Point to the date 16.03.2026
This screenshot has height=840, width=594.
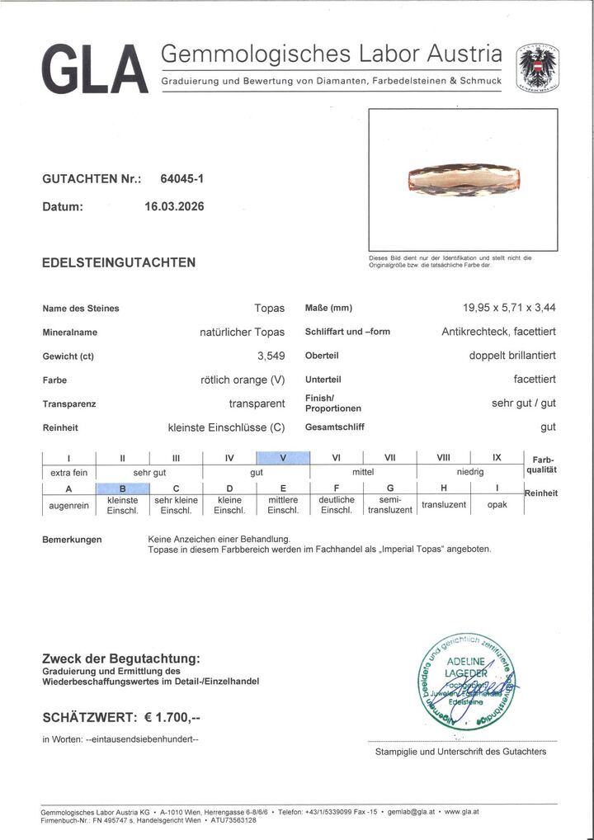(173, 207)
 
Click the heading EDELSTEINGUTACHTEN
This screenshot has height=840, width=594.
(119, 262)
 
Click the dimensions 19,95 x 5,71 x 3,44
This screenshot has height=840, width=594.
(509, 308)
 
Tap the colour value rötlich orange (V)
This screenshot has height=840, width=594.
(243, 380)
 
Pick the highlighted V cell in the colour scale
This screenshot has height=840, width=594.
(283, 459)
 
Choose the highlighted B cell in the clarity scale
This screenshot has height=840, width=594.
(122, 488)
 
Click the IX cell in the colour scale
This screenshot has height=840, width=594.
(497, 459)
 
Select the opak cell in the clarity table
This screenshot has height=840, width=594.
(497, 504)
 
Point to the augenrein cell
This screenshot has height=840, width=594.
(68, 504)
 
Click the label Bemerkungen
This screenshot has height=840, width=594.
(72, 540)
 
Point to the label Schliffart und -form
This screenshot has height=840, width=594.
(346, 332)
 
